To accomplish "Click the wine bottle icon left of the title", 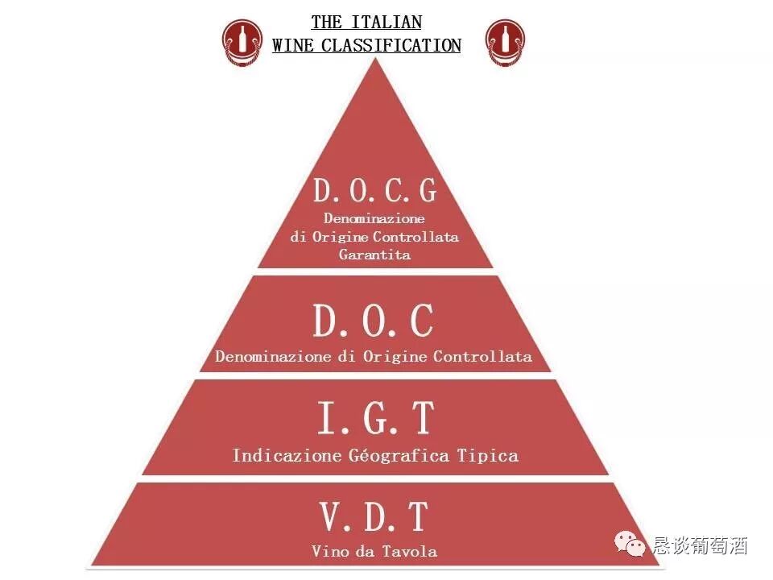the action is click(x=242, y=43).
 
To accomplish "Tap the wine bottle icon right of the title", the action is click(x=506, y=43).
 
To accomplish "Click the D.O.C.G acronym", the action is click(x=374, y=191).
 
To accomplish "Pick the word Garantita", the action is click(x=374, y=255).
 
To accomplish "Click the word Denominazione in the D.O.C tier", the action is click(x=264, y=356).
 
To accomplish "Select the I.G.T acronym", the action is click(x=375, y=418).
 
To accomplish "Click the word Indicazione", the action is click(x=275, y=455).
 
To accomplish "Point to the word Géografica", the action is click(x=388, y=455).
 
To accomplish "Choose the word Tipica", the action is click(x=487, y=455).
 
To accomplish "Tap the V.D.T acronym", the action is click(x=374, y=516).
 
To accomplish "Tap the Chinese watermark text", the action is click(x=701, y=545).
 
